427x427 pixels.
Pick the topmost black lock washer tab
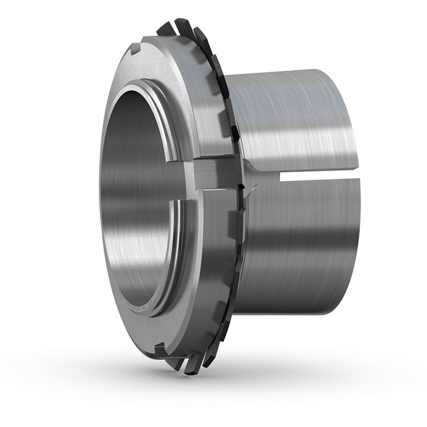coord(166,28)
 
